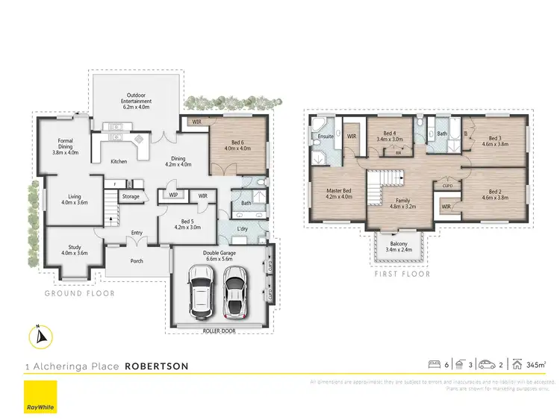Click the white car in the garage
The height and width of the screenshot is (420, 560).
click(x=201, y=293)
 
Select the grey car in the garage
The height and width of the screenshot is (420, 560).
click(x=234, y=292)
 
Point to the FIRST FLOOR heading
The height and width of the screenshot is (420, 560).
click(x=402, y=274)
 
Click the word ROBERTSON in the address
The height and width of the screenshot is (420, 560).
click(x=156, y=366)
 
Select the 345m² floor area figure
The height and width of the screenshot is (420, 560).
click(x=535, y=366)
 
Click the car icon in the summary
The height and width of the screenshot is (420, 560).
click(x=485, y=365)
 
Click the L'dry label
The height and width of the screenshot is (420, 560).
click(x=243, y=228)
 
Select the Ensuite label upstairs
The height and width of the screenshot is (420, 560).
click(x=326, y=137)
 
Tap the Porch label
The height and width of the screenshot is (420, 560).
click(x=137, y=261)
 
